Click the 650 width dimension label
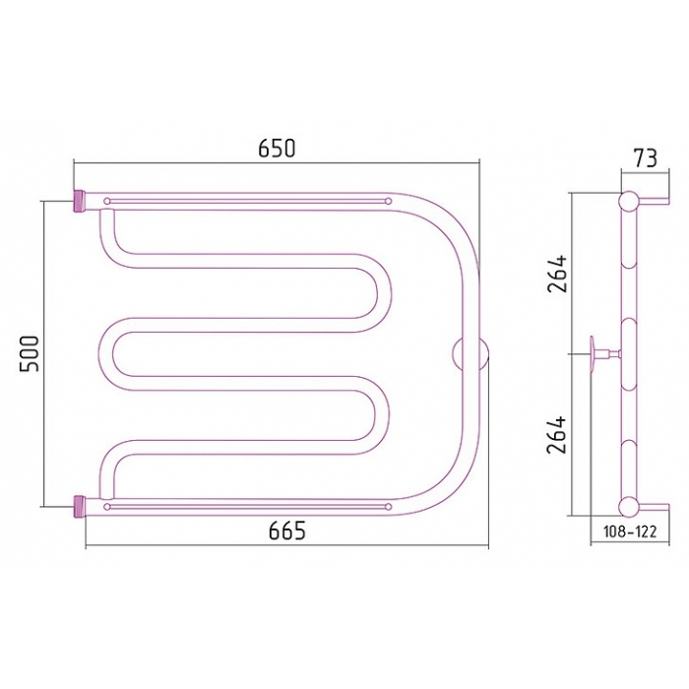coord(277,148)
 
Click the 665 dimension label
coord(287,532)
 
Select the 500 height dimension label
coord(29,353)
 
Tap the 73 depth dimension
coord(645,158)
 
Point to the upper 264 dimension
coord(557,274)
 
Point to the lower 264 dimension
coord(557,435)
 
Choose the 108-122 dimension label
coord(630,532)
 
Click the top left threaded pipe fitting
coord(79,201)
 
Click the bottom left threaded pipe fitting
coord(79,507)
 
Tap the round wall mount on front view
coord(470,354)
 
